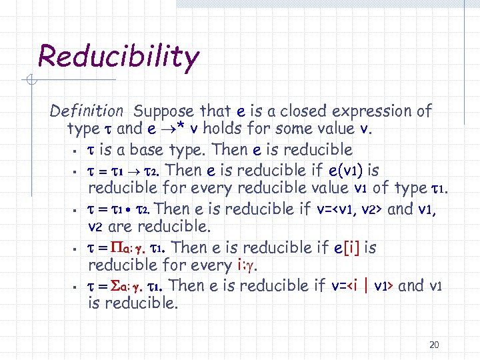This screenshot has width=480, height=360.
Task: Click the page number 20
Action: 434,345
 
